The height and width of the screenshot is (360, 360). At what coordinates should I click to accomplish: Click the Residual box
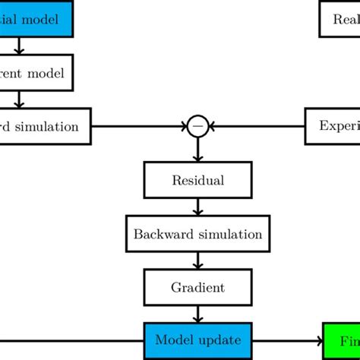point(197,181)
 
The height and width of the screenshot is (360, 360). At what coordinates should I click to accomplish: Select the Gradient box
point(197,287)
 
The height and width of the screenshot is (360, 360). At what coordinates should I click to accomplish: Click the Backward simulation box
point(197,234)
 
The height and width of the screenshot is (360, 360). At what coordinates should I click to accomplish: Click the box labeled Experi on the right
point(333,126)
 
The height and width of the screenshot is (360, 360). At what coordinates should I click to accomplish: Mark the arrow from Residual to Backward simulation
point(197,207)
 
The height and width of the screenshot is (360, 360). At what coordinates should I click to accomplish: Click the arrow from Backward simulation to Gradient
point(197,261)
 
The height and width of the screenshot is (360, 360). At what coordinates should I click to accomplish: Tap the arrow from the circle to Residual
point(197,150)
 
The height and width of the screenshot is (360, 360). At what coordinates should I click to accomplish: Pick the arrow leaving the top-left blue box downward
point(20,46)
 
